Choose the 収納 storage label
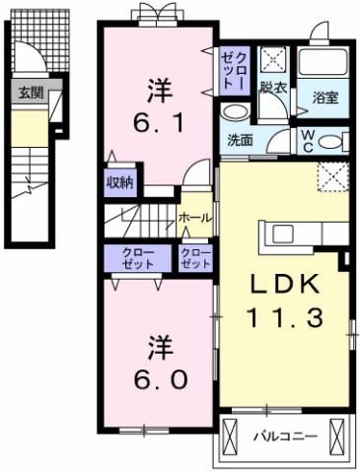point(121,182)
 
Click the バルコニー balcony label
point(283,434)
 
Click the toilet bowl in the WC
point(332,141)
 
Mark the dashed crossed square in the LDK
point(332,177)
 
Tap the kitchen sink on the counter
point(283,233)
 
